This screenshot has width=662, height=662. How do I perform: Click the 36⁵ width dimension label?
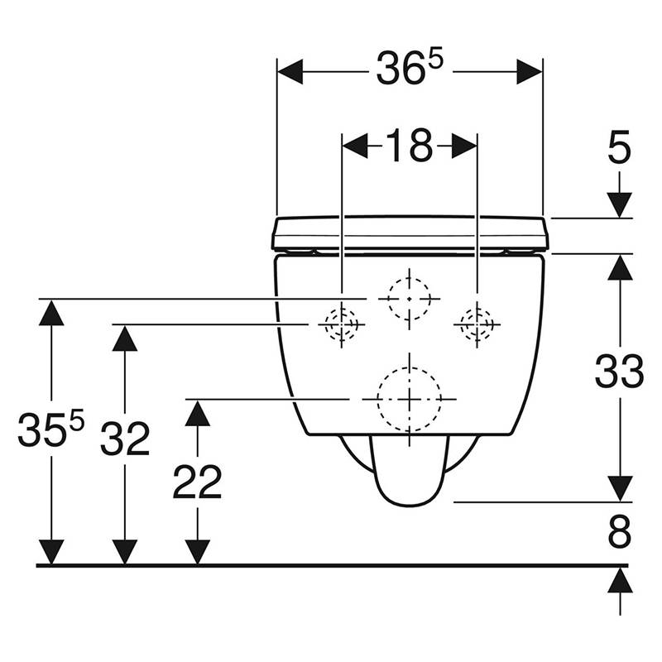(410, 69)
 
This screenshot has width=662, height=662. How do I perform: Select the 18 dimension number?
(410, 146)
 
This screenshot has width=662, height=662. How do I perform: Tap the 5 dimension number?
(619, 147)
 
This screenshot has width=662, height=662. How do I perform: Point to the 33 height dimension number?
(619, 372)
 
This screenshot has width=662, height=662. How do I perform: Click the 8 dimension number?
(620, 531)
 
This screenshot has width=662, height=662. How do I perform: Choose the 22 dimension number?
(197, 482)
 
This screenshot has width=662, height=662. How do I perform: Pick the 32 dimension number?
(125, 439)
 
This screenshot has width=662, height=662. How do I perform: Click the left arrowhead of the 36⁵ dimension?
(290, 72)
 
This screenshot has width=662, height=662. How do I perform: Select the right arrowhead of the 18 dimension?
(464, 146)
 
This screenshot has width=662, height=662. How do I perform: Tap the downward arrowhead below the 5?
(619, 205)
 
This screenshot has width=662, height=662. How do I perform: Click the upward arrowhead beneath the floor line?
(620, 581)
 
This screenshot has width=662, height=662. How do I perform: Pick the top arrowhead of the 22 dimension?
(198, 413)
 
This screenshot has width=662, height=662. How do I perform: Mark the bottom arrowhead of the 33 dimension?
(620, 489)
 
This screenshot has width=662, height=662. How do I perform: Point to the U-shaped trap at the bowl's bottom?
(410, 471)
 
